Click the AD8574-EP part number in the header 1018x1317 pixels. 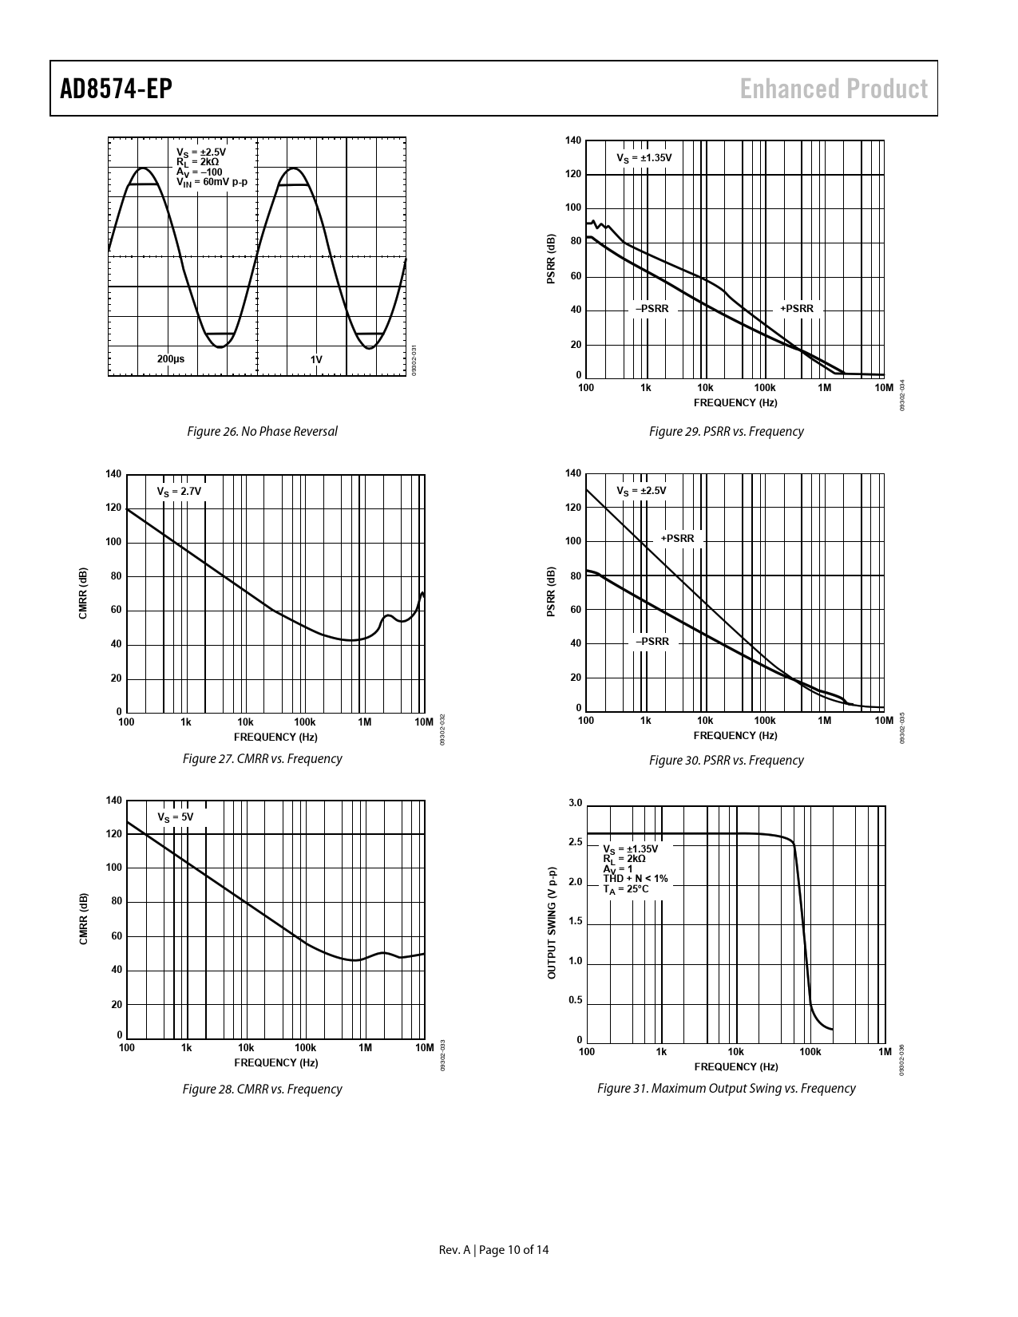117,89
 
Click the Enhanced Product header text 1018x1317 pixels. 834,89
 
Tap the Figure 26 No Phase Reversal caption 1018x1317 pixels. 262,431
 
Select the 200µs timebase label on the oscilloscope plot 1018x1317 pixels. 171,359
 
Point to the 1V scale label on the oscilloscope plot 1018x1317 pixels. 316,359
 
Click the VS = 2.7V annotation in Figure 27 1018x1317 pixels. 179,492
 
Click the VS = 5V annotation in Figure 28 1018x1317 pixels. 175,817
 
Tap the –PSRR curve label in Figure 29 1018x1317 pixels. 652,309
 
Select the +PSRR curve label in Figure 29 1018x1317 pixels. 797,309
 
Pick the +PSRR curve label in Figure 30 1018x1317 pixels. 678,539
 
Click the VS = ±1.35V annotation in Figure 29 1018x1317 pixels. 644,158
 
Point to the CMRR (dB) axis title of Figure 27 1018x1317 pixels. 83,593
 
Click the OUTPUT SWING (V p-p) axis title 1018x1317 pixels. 551,923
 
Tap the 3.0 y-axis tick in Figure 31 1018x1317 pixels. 576,803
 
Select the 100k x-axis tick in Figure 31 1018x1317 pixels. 810,1052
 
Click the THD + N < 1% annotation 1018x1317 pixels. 636,879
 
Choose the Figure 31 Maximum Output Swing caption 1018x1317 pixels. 726,1089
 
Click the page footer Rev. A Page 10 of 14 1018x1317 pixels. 494,1250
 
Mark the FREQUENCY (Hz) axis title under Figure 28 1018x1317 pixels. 275,1063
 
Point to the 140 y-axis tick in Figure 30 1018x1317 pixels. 573,474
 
